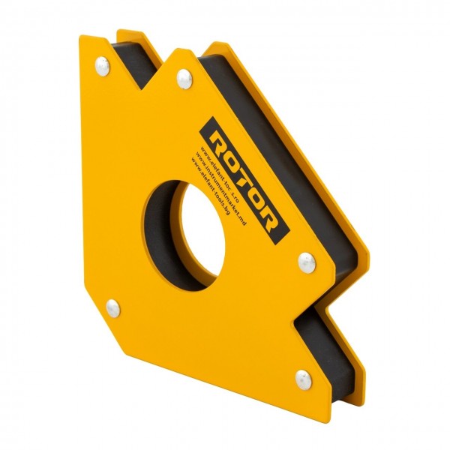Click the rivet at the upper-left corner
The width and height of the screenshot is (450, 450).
pos(101,66)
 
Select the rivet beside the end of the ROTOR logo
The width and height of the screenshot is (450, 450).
pos(305,261)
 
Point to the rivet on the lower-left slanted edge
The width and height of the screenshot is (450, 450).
pos(112,306)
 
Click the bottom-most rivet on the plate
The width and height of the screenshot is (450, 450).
pos(302,377)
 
